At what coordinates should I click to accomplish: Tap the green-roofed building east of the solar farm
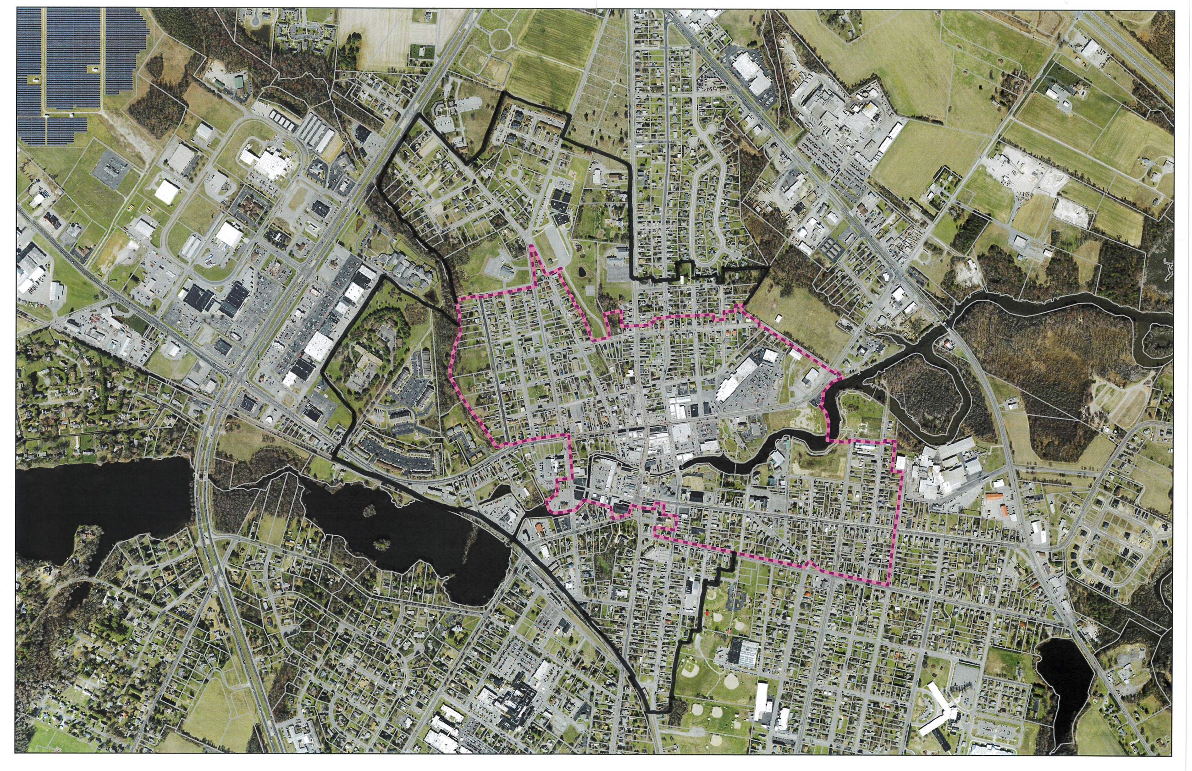[239, 82]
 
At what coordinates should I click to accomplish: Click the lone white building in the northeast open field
[778, 319]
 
